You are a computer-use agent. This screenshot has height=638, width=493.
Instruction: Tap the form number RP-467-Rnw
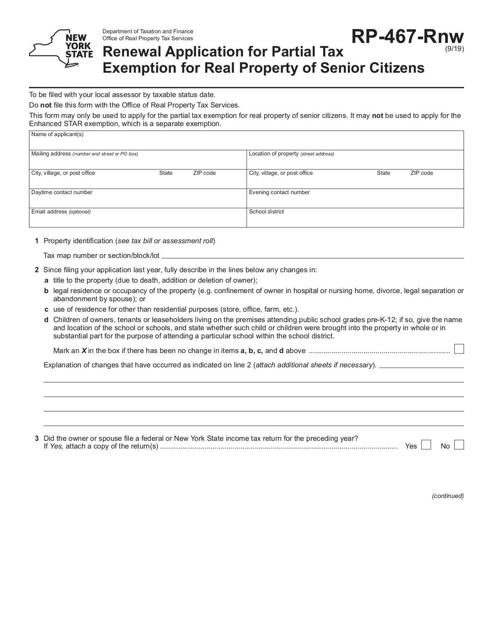point(407,37)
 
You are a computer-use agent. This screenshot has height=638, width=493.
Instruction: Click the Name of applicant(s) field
point(246,143)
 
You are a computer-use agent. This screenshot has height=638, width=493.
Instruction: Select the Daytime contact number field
point(138,201)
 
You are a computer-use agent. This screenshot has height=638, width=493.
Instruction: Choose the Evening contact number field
point(355,201)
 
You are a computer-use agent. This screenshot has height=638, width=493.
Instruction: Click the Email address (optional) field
point(138,220)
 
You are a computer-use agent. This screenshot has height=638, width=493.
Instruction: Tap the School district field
point(355,220)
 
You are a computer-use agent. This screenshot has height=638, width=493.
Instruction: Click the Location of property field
point(355,162)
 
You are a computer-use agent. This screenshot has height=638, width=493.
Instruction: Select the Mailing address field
point(138,162)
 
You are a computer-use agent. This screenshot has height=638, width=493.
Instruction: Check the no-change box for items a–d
point(459,349)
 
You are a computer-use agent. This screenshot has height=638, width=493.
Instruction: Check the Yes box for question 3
point(426,445)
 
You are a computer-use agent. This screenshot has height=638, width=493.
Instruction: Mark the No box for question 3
point(459,445)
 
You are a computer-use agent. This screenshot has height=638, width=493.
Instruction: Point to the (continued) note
point(448,496)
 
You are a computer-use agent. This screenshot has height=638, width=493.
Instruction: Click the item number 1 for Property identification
point(37,241)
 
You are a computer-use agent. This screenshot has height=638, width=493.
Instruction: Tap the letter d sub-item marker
point(46,320)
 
